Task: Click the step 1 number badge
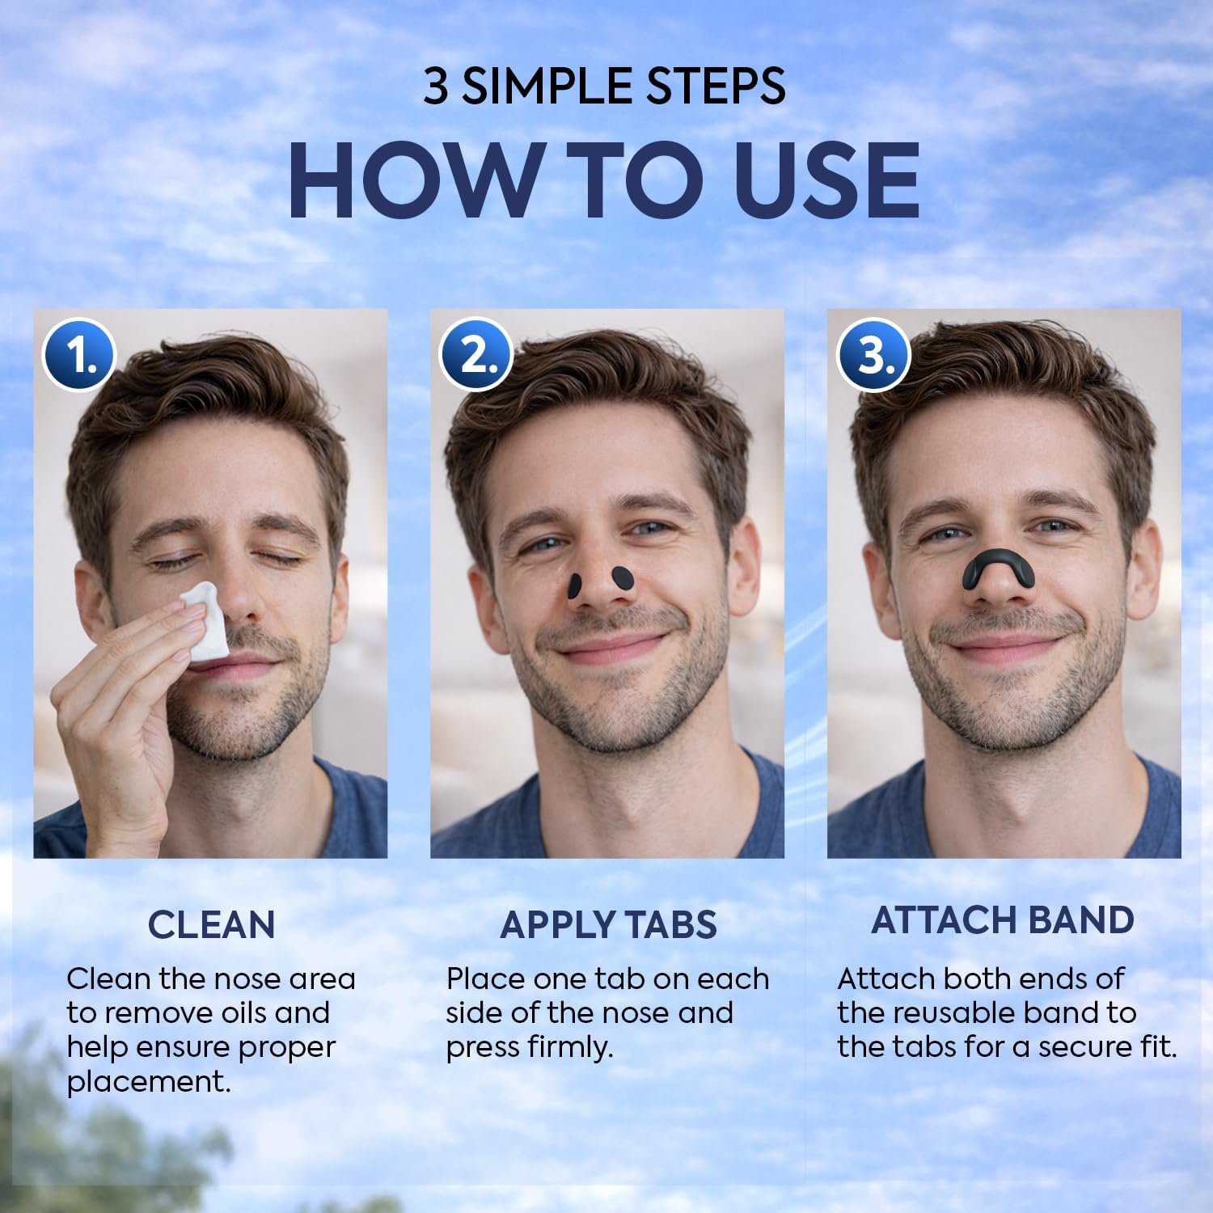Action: pos(79,355)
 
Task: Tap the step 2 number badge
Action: pos(475,355)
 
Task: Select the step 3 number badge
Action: pos(873,355)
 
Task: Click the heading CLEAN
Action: pos(212,924)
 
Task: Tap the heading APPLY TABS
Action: pos(608,924)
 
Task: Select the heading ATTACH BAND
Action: pos(1003,920)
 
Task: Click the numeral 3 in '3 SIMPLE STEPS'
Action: pos(435,87)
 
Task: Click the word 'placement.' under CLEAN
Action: pos(149,1082)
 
